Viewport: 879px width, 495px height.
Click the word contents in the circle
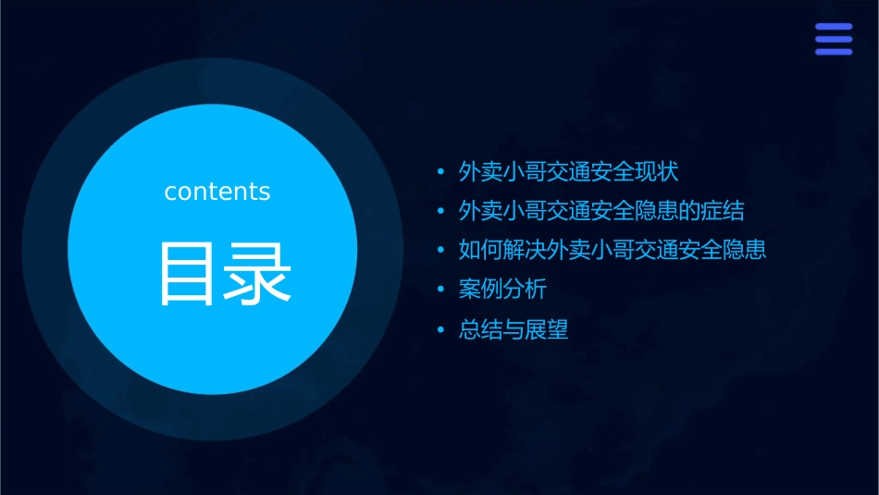coord(217,192)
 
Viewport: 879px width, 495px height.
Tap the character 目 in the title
coord(188,274)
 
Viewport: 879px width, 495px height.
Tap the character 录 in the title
coord(255,274)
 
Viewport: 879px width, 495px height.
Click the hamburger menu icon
coord(834,40)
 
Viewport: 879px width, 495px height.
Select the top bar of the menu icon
coord(834,28)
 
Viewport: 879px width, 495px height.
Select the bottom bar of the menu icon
coord(834,52)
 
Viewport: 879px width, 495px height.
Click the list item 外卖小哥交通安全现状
coord(569,172)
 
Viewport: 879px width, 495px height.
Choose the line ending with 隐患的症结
coord(601,211)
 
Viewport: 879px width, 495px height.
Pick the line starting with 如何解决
coord(613,250)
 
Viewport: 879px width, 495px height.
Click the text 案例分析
coord(503,290)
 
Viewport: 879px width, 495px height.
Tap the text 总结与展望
coord(514,329)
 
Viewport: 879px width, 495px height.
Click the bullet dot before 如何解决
coord(441,251)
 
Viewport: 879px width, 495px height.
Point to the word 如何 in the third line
coord(481,250)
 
